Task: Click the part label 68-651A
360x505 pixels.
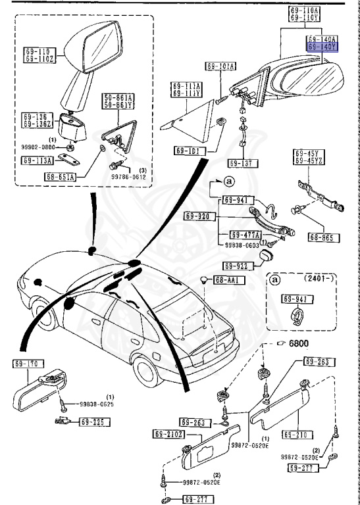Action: (61, 176)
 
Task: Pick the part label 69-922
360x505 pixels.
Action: (236, 266)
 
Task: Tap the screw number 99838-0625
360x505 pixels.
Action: (97, 404)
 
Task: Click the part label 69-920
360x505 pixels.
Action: (197, 215)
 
